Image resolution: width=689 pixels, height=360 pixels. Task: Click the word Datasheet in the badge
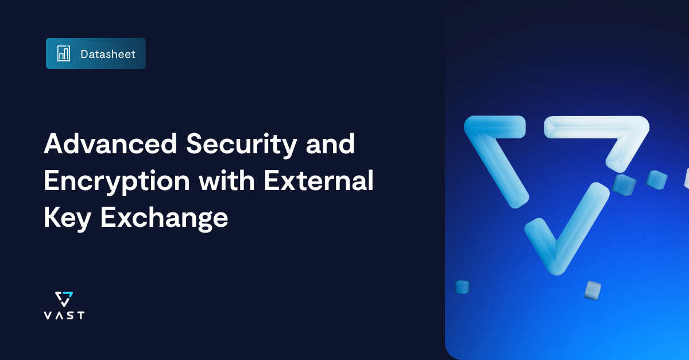108,54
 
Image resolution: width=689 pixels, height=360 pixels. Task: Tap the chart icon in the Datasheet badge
63,53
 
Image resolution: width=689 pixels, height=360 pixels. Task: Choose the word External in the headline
319,181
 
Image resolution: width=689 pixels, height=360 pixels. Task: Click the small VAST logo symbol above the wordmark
64,299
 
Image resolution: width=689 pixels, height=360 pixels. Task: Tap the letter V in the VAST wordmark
48,315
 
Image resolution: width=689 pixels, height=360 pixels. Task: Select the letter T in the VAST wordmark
80,315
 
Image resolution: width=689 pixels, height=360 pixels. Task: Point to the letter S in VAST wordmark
70,315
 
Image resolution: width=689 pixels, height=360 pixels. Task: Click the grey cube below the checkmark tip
592,289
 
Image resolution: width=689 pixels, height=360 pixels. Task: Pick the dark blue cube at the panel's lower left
462,287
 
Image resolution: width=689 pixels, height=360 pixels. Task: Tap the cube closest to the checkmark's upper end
624,185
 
